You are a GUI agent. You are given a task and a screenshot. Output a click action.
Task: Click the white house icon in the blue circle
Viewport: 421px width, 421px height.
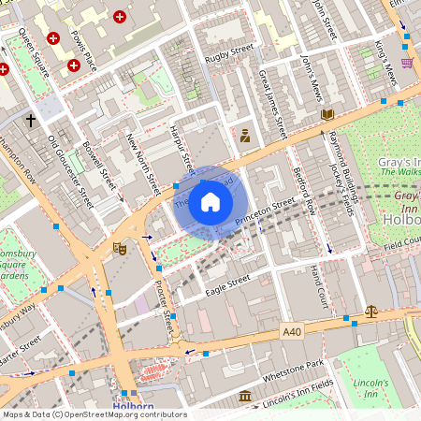pyautogui.click(x=210, y=202)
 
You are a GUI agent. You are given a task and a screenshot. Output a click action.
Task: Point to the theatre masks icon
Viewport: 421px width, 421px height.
pyautogui.click(x=119, y=249)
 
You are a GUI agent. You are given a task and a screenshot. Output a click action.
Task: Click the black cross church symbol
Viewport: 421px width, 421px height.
pyautogui.click(x=31, y=121)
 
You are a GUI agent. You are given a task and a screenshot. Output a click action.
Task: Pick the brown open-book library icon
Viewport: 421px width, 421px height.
pyautogui.click(x=327, y=114)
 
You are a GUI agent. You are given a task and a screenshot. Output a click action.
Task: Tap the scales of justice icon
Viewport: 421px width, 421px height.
pyautogui.click(x=371, y=311)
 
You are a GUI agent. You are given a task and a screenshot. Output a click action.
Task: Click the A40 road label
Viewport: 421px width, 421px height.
pyautogui.click(x=292, y=330)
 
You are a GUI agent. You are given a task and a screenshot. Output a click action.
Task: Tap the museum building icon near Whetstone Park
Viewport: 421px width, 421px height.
pyautogui.click(x=244, y=397)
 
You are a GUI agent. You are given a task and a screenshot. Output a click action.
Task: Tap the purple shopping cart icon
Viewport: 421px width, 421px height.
pyautogui.click(x=407, y=63)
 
